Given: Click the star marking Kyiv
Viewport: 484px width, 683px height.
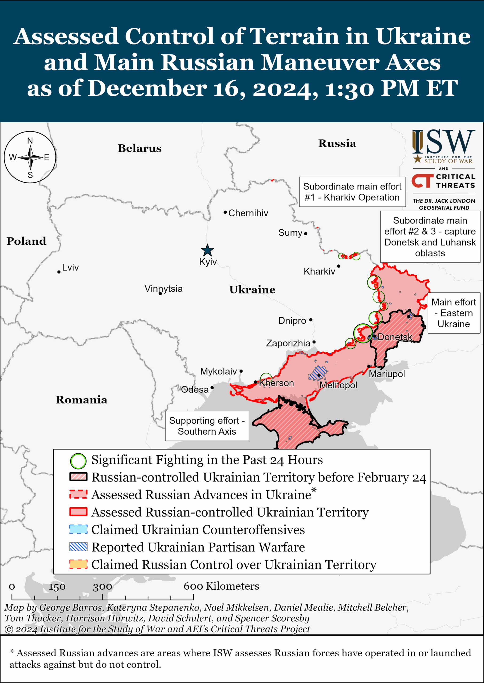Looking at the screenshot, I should click(207, 250).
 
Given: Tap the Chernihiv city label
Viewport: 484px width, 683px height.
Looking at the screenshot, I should click(248, 213).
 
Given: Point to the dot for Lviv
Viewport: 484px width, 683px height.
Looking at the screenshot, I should click(59, 272).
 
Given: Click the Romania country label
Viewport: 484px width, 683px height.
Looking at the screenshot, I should click(81, 400).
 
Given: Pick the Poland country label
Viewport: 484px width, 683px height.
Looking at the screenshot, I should click(26, 241).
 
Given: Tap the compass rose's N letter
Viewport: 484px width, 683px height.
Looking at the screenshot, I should click(30, 141).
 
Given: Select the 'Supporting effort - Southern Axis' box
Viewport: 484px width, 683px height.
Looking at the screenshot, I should click(207, 426).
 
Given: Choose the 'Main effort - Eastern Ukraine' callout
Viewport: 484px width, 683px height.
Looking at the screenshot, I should click(453, 313).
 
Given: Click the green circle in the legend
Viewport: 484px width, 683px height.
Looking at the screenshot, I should click(78, 461).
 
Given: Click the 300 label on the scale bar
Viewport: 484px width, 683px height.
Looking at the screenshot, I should click(102, 587).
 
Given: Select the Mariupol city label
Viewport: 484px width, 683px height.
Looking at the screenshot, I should click(387, 374).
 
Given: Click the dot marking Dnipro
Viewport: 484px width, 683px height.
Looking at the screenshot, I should click(310, 320).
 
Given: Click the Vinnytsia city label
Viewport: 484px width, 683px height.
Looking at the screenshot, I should click(163, 289).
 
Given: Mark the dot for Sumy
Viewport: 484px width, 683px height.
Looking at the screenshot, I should click(305, 234).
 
